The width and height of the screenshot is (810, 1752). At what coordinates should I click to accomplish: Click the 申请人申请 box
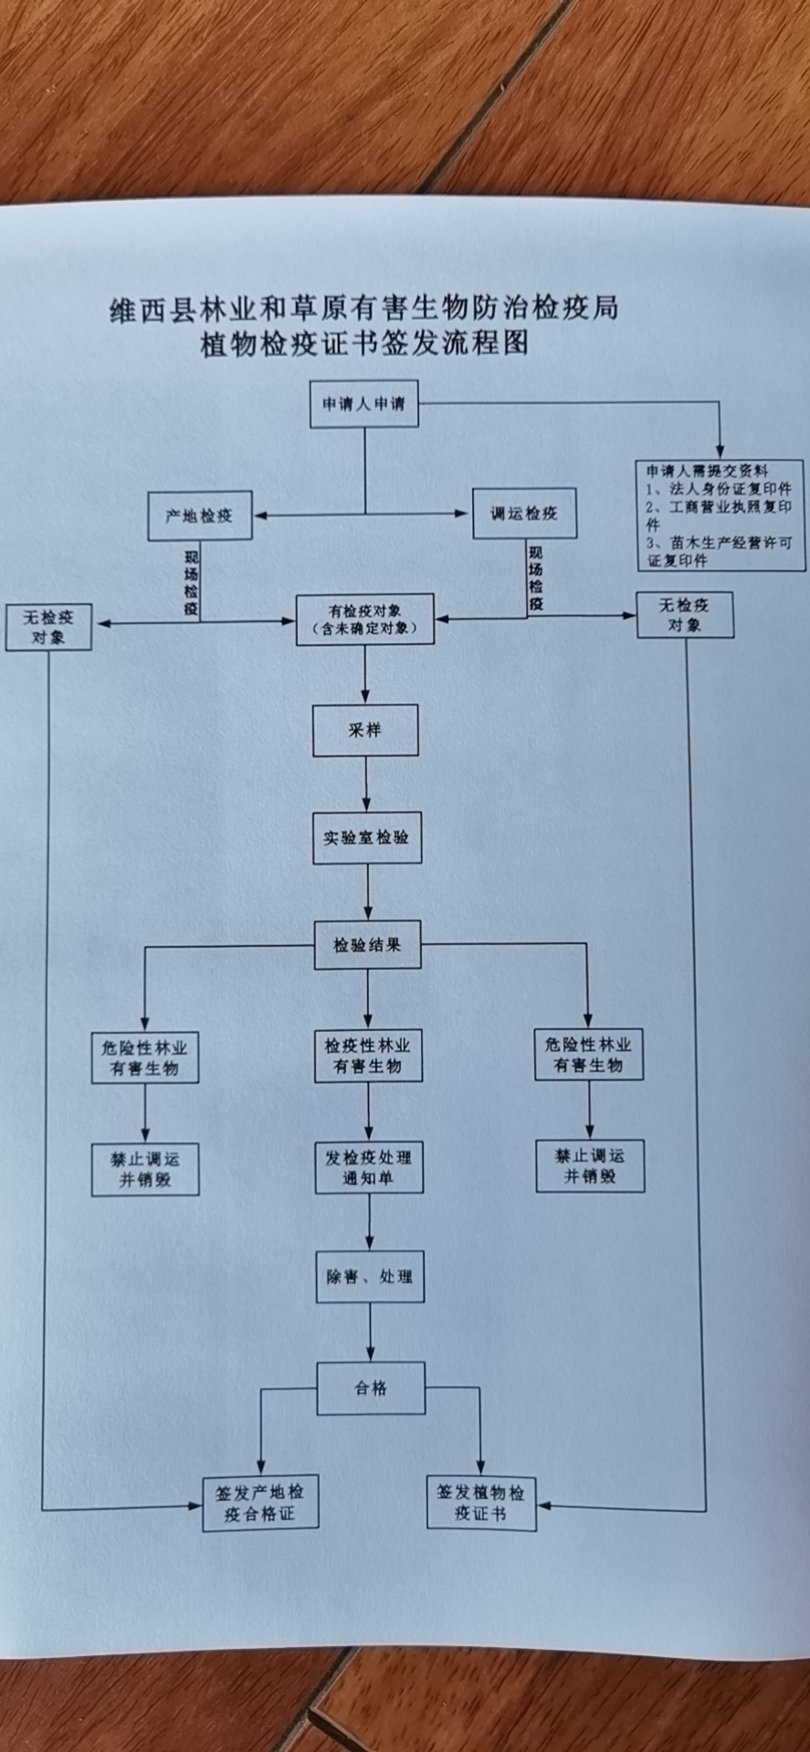click(x=363, y=403)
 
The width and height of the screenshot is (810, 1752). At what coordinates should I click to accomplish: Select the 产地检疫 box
click(x=200, y=516)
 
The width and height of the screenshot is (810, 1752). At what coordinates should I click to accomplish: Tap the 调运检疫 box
click(x=523, y=513)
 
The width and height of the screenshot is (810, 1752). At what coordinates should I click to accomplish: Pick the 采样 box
click(x=365, y=730)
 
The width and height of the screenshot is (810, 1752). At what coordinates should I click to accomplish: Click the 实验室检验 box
click(x=366, y=838)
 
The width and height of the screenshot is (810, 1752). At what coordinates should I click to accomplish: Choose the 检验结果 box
click(x=367, y=945)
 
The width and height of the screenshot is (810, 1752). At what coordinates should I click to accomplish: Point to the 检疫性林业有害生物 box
click(x=368, y=1056)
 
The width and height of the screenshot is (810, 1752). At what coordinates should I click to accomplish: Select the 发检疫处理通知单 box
click(x=369, y=1167)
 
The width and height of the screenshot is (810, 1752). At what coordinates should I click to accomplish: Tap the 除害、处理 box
click(x=370, y=1277)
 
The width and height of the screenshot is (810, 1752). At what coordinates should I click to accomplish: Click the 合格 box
click(x=371, y=1388)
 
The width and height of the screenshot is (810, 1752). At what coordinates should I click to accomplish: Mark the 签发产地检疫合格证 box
click(x=260, y=1503)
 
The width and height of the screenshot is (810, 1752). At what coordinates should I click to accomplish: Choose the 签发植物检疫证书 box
click(x=481, y=1503)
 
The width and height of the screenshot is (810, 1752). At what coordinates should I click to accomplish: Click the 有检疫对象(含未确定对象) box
click(x=364, y=620)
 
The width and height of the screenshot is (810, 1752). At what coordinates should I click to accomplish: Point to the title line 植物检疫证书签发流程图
click(x=365, y=344)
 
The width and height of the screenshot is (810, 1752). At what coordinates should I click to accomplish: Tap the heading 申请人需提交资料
click(x=708, y=471)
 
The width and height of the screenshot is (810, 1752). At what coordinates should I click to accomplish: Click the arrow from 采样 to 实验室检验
click(x=366, y=784)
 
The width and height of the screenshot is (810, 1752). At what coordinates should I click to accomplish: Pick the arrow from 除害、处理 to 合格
click(x=371, y=1332)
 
